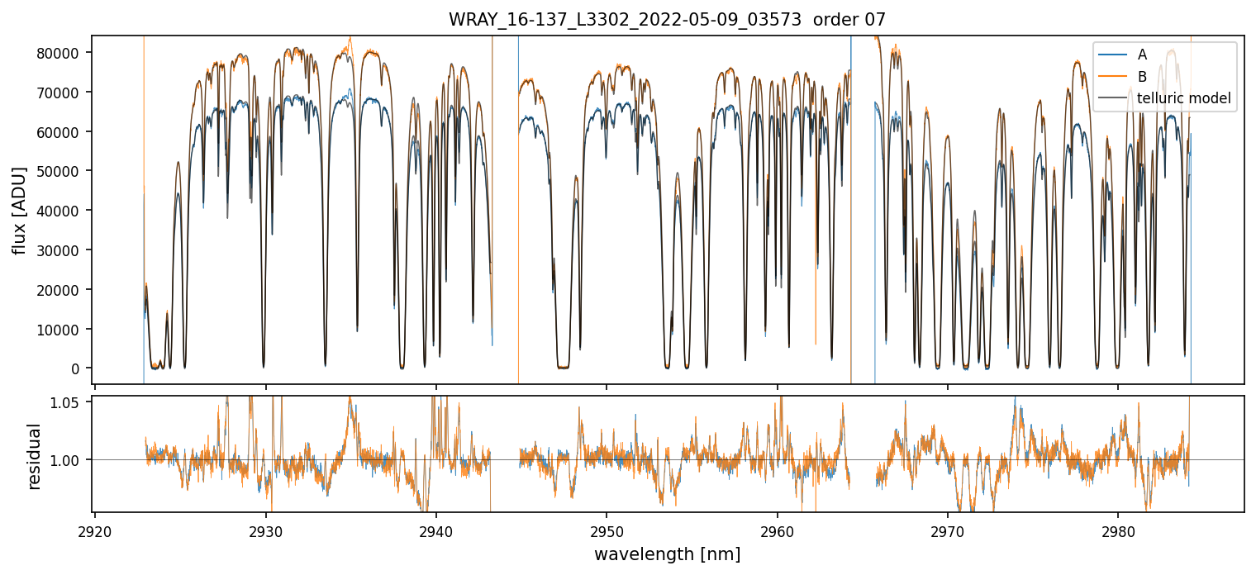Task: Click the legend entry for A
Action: [1142, 55]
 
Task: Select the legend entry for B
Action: [1142, 77]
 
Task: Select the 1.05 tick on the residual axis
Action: [72, 402]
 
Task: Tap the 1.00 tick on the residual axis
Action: [72, 459]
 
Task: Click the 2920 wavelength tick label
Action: [95, 530]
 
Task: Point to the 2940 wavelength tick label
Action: [436, 530]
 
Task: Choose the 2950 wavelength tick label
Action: [607, 530]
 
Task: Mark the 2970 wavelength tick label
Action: [947, 530]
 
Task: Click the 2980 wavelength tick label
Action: [1118, 530]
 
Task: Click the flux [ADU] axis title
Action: [19, 210]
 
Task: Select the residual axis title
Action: [35, 456]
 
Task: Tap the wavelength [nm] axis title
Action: [667, 554]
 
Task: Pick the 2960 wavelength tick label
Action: [778, 530]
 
